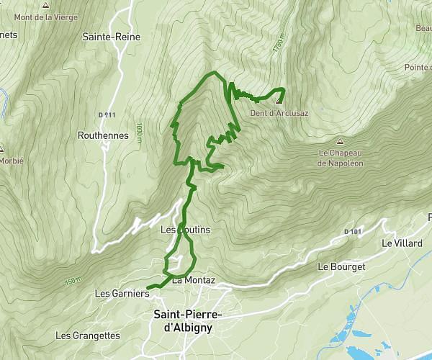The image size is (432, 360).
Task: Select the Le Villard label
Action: (x=402, y=243)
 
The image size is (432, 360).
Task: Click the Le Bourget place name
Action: (x=341, y=266)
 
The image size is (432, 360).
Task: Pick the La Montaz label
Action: (x=194, y=280)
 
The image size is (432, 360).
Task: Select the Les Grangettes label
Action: (x=87, y=336)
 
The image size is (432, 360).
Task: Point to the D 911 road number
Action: (x=107, y=114)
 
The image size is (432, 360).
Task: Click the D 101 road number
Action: (x=352, y=231)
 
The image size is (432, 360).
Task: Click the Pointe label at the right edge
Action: (x=418, y=67)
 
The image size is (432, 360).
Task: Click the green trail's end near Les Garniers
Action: (x=148, y=288)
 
